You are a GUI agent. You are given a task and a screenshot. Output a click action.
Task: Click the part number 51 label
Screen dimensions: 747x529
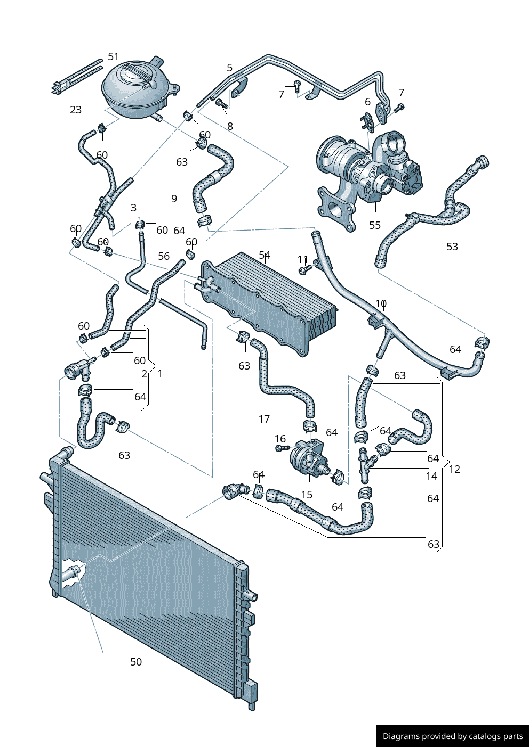coord(114,56)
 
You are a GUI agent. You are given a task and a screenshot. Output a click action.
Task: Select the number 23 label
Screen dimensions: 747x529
coord(76,110)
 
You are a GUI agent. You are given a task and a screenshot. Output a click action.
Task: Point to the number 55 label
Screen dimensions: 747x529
coord(375,225)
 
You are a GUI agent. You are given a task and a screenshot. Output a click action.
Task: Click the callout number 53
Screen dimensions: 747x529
coord(452,247)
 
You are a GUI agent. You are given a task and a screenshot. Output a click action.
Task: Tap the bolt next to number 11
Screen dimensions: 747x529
coord(304,270)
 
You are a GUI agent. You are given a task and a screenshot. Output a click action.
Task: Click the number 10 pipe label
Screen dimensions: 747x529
coord(381,303)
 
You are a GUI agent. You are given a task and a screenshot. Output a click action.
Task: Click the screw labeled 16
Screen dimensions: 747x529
coord(282,448)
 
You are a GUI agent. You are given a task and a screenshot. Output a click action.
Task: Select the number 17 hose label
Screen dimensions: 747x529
coord(264,419)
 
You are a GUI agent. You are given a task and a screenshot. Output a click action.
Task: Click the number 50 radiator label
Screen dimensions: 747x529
coord(136,662)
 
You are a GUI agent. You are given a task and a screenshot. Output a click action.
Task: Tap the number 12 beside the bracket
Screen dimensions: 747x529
coord(454,469)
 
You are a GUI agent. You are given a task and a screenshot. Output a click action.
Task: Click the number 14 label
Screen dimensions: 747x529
coord(431,476)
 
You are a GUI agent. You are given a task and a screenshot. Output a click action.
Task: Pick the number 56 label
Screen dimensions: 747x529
coord(164,256)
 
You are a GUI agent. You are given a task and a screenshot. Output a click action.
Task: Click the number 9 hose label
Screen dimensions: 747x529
coord(174,199)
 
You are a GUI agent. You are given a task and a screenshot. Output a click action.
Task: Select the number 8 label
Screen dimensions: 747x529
coord(230,126)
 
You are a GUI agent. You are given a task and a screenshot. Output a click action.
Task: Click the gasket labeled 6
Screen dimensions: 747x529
coord(367,119)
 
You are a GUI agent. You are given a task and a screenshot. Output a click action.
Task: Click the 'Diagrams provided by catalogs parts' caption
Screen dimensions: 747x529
coord(453,736)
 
